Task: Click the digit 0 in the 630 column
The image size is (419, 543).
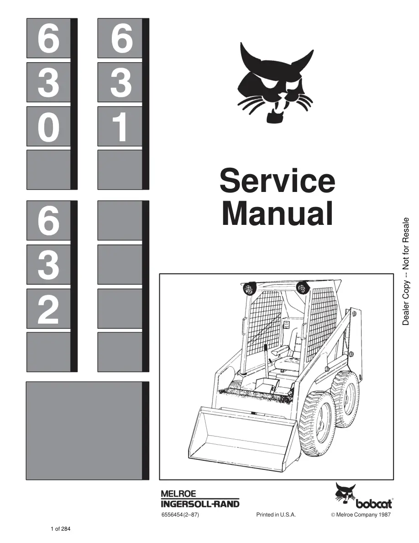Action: (x=48, y=127)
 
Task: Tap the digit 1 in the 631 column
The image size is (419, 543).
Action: (x=120, y=127)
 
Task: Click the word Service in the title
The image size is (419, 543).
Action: (x=277, y=181)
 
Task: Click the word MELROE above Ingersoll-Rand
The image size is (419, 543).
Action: (x=178, y=494)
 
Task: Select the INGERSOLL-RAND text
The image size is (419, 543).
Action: (x=200, y=504)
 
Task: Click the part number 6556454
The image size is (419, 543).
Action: (x=172, y=515)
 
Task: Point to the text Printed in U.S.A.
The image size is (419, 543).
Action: (x=276, y=515)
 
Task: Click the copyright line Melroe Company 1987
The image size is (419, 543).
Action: (x=361, y=515)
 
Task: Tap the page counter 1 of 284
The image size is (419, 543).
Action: (x=61, y=529)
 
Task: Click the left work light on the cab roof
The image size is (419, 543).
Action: (x=249, y=288)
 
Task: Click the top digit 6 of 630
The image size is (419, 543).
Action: (x=48, y=39)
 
